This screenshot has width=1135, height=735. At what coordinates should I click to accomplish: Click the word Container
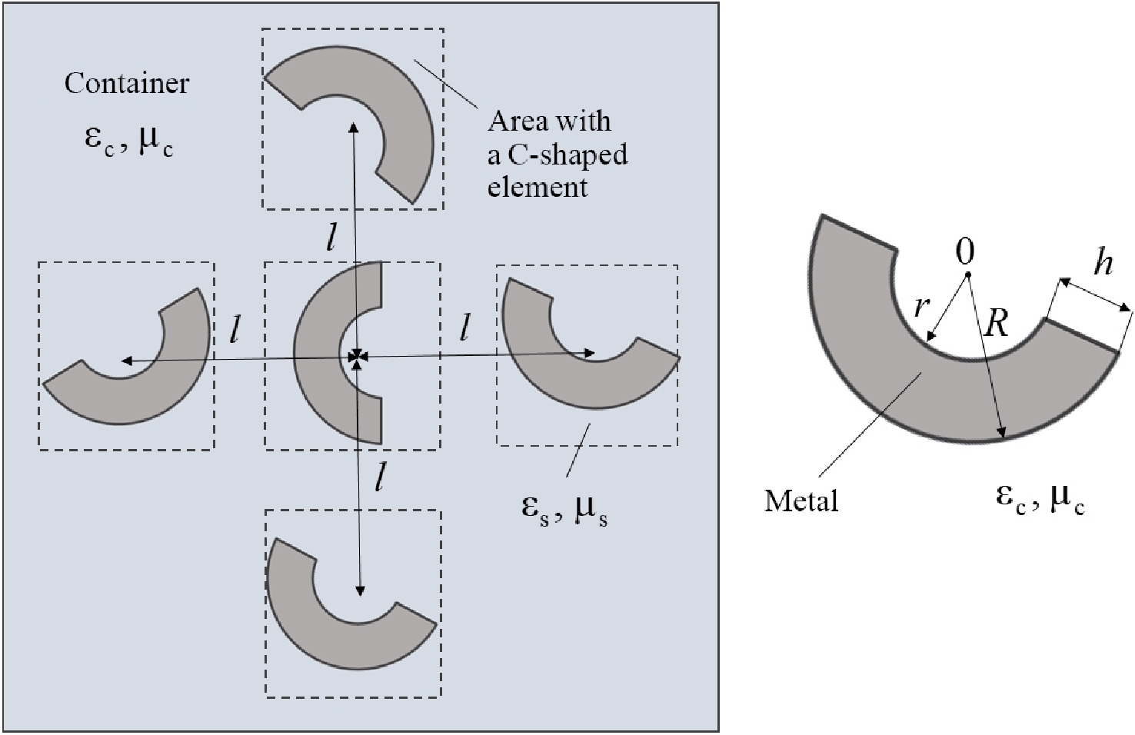tap(126, 83)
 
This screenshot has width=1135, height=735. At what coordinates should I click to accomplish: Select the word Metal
tap(800, 501)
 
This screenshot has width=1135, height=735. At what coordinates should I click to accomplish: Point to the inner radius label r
tap(921, 306)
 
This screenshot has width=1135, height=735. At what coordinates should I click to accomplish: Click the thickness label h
tap(1103, 264)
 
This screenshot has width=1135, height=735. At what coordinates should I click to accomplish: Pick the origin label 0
tap(964, 251)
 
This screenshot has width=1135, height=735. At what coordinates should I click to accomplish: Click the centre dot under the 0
tap(967, 274)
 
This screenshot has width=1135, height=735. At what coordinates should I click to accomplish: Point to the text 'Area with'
tap(549, 121)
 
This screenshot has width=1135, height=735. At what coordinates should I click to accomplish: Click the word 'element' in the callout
tap(538, 187)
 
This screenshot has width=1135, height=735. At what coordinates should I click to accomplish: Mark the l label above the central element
tap(331, 238)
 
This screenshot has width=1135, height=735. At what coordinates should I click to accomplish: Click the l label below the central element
tap(378, 477)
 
